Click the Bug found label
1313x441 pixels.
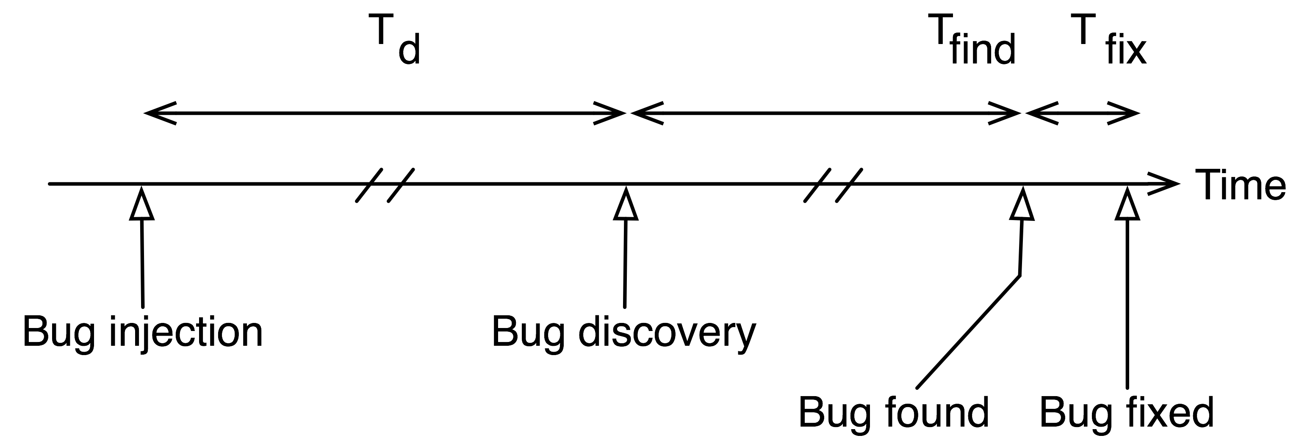(894, 413)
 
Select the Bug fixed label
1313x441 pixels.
(1127, 413)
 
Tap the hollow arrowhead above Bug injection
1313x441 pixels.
(142, 204)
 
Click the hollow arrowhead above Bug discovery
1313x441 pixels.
(626, 204)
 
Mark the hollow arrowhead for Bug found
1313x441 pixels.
(1022, 204)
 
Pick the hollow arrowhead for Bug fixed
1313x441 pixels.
(1127, 204)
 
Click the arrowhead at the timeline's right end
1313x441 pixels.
(1167, 184)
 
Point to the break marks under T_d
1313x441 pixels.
(385, 185)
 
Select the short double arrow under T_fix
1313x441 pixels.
(1082, 113)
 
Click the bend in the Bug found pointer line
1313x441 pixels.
(1019, 276)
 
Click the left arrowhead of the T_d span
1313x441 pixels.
(158, 113)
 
